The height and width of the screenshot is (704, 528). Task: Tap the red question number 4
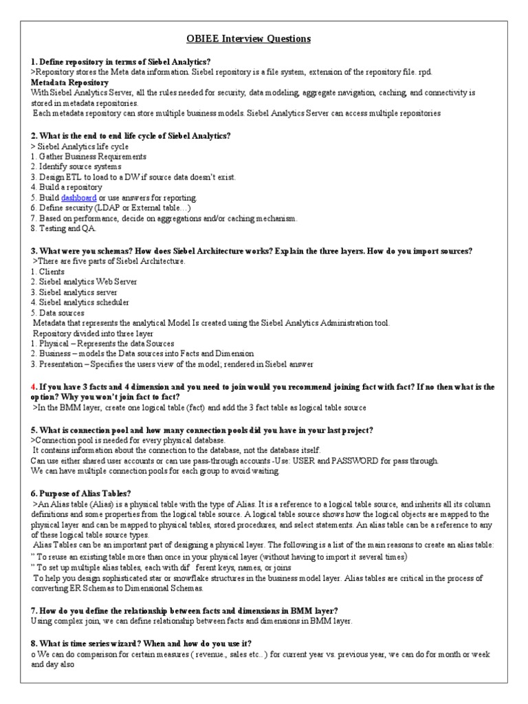(x=33, y=387)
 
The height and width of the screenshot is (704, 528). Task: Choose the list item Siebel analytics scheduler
(x=79, y=302)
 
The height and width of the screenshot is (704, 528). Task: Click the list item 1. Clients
(x=47, y=272)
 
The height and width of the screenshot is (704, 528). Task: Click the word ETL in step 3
(x=73, y=177)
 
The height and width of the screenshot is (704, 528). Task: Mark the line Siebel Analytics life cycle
(x=80, y=146)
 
